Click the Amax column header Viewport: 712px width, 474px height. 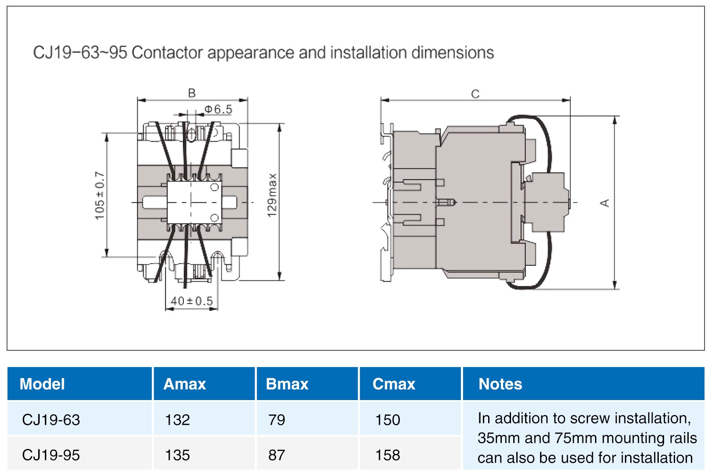(x=185, y=384)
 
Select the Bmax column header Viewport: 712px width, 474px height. (x=287, y=384)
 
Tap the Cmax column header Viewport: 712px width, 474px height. (x=394, y=384)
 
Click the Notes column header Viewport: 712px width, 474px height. (x=500, y=384)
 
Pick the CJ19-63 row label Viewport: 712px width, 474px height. (x=51, y=420)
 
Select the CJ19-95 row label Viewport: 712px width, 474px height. (x=51, y=455)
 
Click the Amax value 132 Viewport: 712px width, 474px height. (x=177, y=420)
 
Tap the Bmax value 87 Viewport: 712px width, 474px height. (x=277, y=455)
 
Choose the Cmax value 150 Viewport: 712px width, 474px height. (x=387, y=420)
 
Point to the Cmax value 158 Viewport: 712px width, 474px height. (x=387, y=455)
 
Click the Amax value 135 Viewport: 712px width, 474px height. (x=177, y=455)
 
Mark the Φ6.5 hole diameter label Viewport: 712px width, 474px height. (x=219, y=109)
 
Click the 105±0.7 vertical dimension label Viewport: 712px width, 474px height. (x=100, y=195)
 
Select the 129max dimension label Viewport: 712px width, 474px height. (x=272, y=195)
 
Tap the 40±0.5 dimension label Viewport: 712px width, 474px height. (x=192, y=301)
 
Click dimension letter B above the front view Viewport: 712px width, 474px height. (x=192, y=93)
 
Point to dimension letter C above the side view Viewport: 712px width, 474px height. (x=475, y=94)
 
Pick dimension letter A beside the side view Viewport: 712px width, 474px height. (x=605, y=203)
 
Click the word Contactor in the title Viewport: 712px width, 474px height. (x=167, y=53)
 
